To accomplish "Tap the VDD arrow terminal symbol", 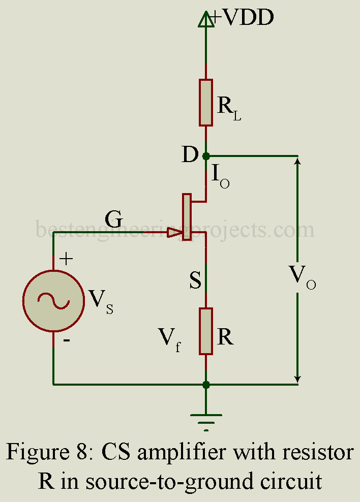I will coord(206,20).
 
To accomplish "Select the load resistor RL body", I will coord(206,102).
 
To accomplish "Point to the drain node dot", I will coord(206,156).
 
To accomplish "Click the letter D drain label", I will coord(190,155).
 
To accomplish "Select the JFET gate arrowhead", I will coord(174,233).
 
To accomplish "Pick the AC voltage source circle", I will coord(53,301).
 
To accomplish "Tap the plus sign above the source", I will coord(66,259).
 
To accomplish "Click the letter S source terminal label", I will coord(195,280).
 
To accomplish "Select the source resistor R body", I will coord(206,331).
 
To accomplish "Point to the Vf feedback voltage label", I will coord(170,338).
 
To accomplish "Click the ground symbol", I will coord(206,420).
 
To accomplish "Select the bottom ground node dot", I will coord(206,385).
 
